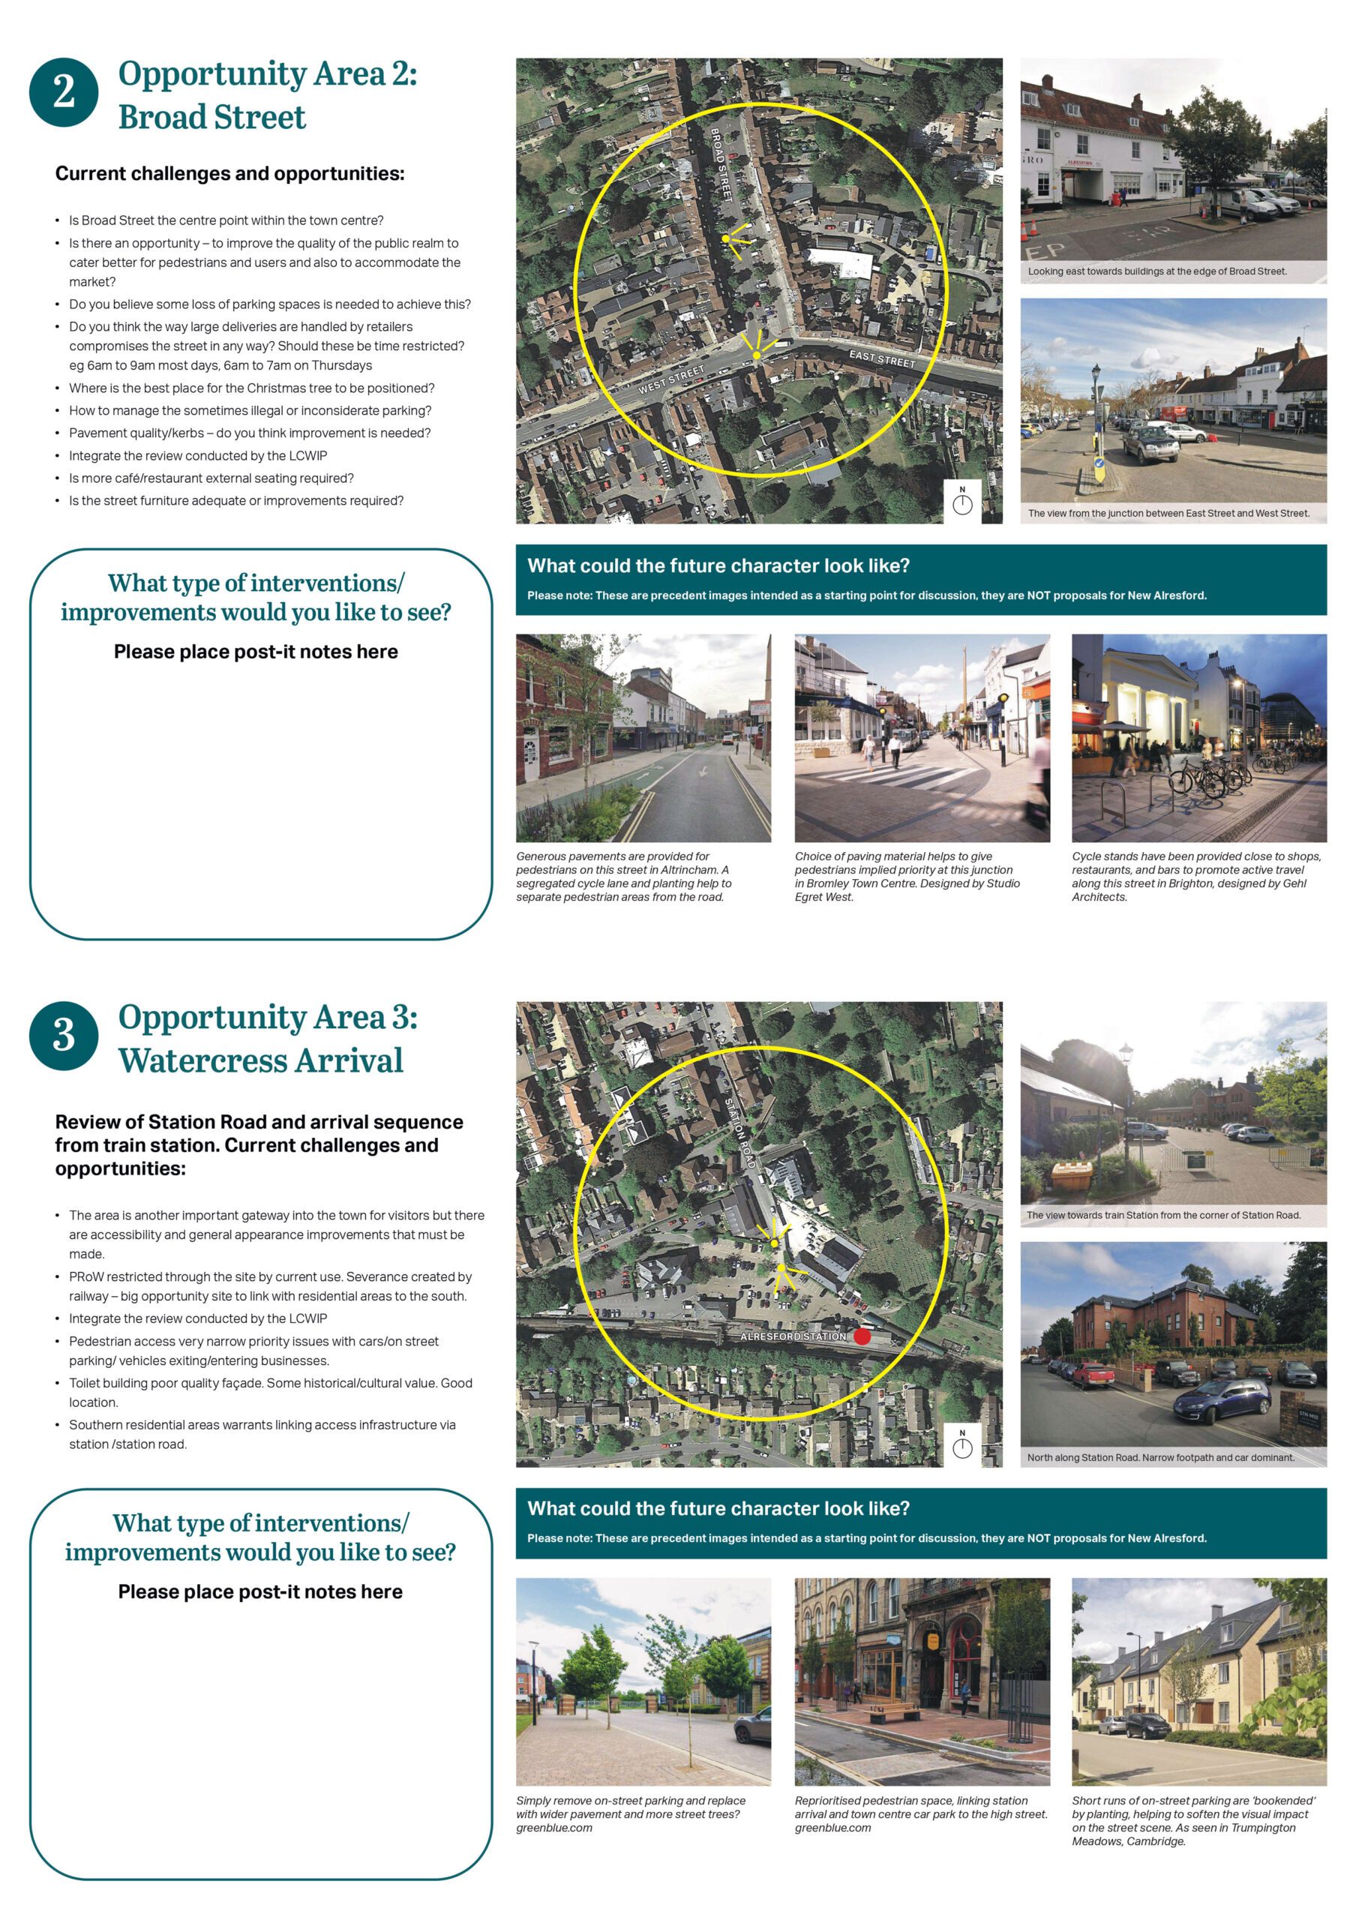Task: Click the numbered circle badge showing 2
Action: click(64, 92)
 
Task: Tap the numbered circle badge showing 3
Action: click(64, 1034)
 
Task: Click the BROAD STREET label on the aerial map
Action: click(721, 165)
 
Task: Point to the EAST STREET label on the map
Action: click(882, 359)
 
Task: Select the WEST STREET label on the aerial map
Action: click(671, 380)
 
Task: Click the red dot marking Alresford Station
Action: click(862, 1336)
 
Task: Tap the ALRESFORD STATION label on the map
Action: click(793, 1336)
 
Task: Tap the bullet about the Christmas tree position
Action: click(250, 388)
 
